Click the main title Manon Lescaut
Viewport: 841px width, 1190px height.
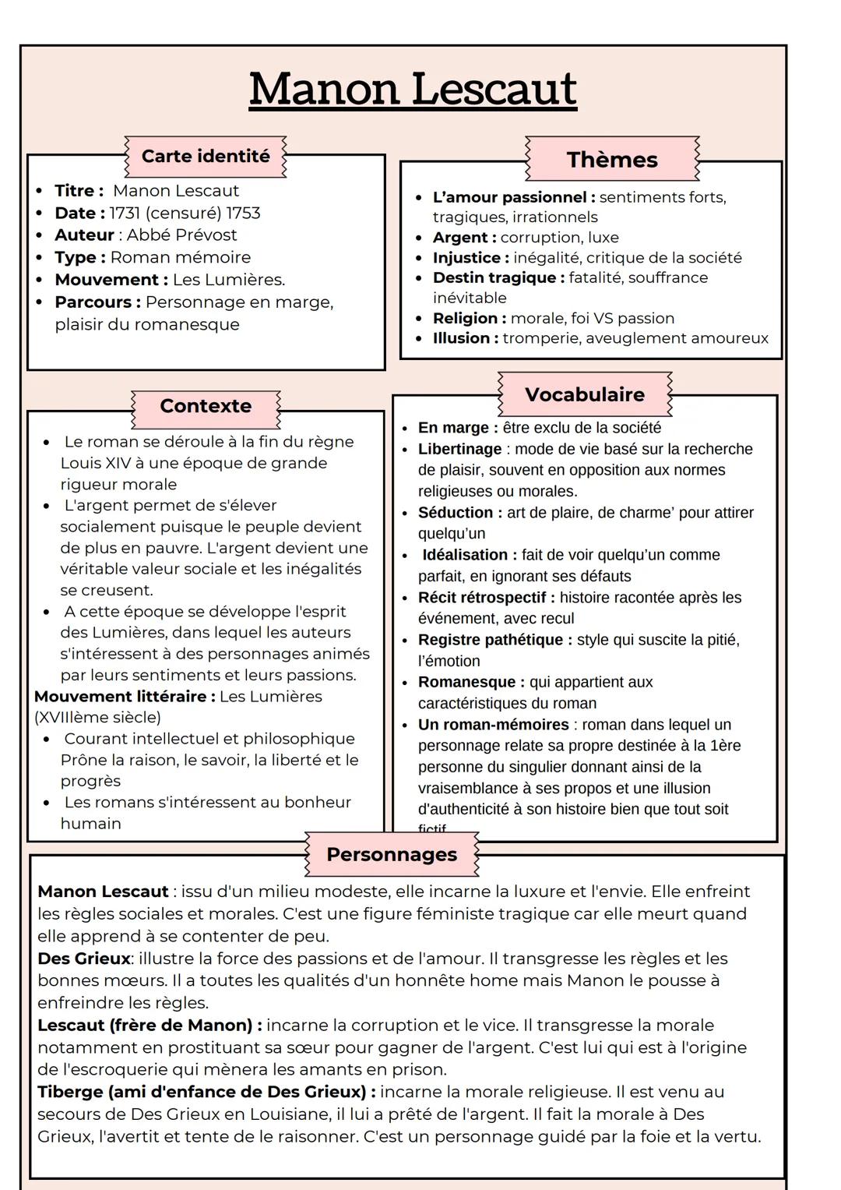coord(413,90)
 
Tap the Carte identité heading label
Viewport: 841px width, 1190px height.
coord(206,156)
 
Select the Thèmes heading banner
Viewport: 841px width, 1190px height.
coord(612,160)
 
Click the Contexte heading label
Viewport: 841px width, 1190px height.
coord(206,406)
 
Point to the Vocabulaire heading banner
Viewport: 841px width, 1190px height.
coord(585,394)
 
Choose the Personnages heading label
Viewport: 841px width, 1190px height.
coord(392,854)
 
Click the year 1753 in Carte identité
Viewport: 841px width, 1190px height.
coord(243,213)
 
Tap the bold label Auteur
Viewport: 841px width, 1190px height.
coord(84,235)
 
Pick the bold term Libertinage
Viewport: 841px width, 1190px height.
coord(460,449)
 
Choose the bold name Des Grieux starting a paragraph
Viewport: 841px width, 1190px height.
coord(84,959)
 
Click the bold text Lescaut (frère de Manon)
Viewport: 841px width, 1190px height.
coord(150,1026)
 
